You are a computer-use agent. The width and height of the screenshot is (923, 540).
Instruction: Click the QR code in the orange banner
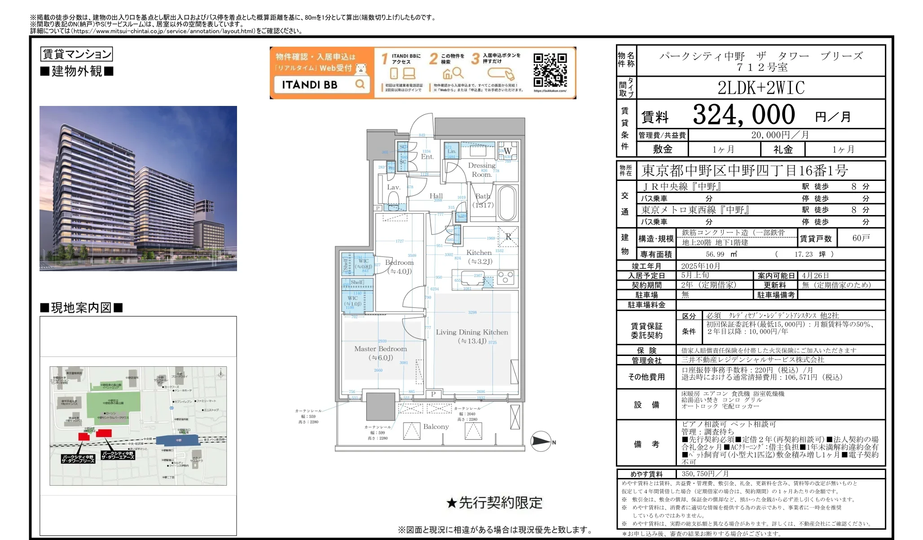click(x=550, y=70)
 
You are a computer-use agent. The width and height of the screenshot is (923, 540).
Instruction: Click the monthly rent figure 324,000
click(x=743, y=115)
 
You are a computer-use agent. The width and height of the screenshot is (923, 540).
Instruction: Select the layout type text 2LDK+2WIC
click(x=761, y=88)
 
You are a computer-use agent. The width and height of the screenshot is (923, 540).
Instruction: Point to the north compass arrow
click(x=541, y=441)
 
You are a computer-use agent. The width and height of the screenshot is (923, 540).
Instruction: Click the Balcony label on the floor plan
click(x=436, y=426)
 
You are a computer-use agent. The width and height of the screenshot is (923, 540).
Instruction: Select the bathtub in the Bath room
click(x=507, y=203)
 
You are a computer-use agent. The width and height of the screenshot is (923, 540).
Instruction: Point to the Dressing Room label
click(x=481, y=170)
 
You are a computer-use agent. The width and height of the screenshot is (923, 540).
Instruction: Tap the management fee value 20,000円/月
click(x=780, y=135)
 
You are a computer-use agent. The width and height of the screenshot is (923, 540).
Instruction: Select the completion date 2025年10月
click(x=700, y=266)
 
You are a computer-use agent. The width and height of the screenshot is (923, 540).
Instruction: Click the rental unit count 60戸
click(x=861, y=238)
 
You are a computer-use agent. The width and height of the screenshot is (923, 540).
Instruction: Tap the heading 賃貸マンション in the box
click(x=76, y=54)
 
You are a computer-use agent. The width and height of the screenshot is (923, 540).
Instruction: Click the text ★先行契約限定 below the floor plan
click(x=494, y=503)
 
